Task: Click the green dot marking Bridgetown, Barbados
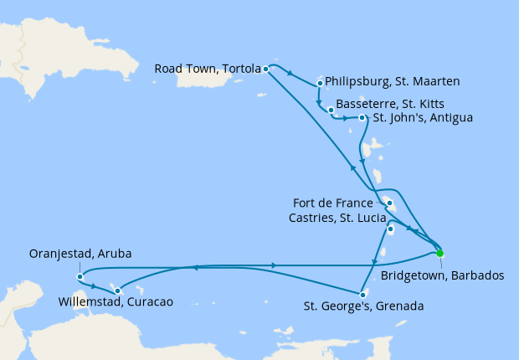pos(439,253)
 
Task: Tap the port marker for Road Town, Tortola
pos(265,69)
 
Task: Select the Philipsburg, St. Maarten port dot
pos(321,83)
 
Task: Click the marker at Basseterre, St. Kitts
pos(331,110)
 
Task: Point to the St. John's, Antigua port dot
pos(362,118)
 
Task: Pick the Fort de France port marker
pos(389,203)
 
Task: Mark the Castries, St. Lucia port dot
pos(390,229)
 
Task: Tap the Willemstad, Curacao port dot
pos(117,291)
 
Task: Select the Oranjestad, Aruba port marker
pos(79,276)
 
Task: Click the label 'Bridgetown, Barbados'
pos(442,276)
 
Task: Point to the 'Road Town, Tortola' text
pos(207,69)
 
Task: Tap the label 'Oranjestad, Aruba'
pos(80,254)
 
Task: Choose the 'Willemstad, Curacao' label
pos(116,301)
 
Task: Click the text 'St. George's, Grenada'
pos(364,306)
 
